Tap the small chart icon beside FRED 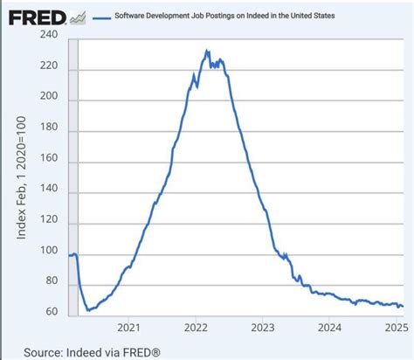[x=79, y=16]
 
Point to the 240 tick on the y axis [x=50, y=36]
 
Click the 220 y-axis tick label [x=50, y=66]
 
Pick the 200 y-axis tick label [x=50, y=98]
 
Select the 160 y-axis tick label [x=50, y=161]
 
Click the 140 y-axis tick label [x=50, y=192]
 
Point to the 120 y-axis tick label [x=50, y=224]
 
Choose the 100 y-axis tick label [x=50, y=255]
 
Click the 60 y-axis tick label [x=52, y=312]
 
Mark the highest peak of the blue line [x=207, y=51]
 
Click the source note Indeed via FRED [x=91, y=351]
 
